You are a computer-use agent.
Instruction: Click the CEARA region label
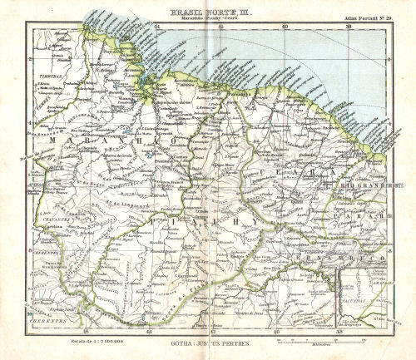(283, 168)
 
